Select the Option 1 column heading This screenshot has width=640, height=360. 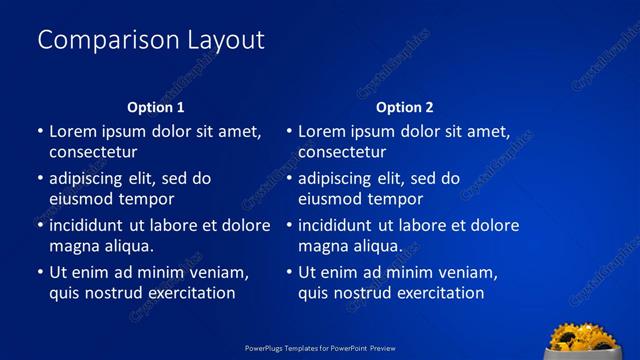[156, 107]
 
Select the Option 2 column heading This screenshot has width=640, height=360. [405, 107]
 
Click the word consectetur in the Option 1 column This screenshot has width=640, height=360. [93, 152]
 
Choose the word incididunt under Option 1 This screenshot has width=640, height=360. [86, 225]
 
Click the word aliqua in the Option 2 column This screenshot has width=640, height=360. [378, 246]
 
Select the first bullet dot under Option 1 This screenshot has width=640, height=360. [40, 131]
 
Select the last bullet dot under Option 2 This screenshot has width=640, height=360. [289, 272]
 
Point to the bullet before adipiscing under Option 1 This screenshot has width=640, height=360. [40, 179]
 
